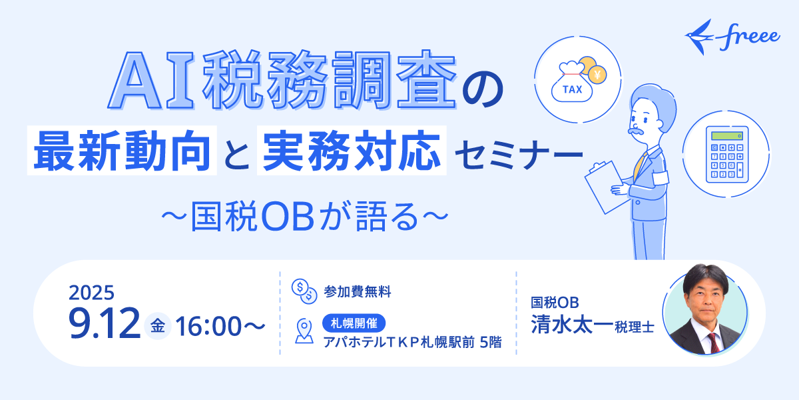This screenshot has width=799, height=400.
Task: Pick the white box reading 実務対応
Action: (x=352, y=153)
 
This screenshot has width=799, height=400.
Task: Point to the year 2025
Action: (x=91, y=293)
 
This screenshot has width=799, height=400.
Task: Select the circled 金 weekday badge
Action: (x=158, y=326)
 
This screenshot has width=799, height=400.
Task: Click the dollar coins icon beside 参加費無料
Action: (x=304, y=291)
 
